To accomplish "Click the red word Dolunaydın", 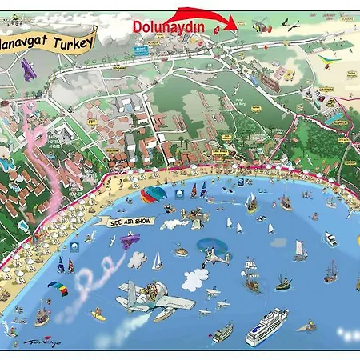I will [168, 27].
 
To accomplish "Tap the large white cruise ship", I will [266, 327].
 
